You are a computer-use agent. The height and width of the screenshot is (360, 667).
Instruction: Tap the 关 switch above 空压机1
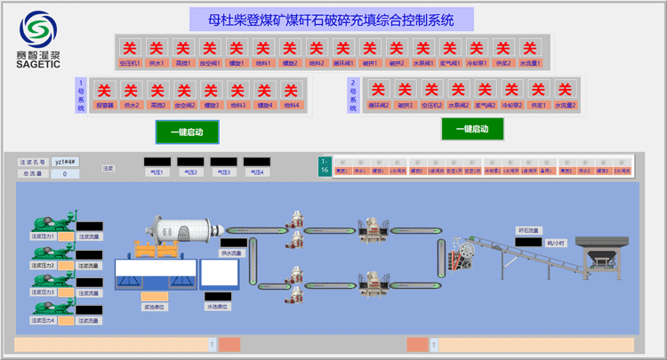[130, 47]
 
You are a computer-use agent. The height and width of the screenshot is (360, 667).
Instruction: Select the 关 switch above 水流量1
[530, 47]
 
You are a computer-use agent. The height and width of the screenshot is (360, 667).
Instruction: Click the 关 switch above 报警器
[104, 90]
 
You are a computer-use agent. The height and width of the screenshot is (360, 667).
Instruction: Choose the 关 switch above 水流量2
[565, 90]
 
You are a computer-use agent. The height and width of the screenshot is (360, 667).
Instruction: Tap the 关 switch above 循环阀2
[378, 90]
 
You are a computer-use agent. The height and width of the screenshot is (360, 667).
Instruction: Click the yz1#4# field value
[66, 162]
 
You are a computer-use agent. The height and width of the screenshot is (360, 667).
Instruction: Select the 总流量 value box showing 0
[64, 174]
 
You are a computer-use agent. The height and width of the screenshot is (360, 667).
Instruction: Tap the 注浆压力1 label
[44, 236]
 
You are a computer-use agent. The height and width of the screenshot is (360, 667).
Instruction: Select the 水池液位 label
[218, 307]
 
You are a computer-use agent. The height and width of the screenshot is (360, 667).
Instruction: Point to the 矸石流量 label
[528, 229]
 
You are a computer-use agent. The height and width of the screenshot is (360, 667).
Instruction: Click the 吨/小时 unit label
[557, 242]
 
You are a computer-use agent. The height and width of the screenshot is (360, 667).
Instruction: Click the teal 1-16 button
[325, 165]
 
